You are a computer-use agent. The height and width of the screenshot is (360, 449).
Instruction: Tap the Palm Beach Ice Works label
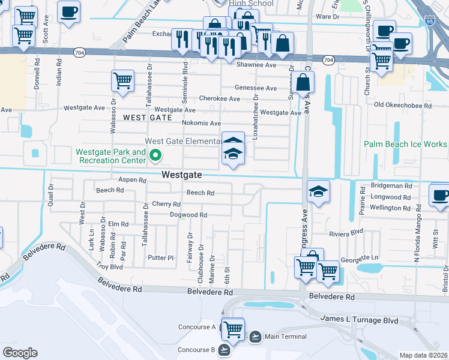[405, 145]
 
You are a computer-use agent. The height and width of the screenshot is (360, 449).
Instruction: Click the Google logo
[19, 353]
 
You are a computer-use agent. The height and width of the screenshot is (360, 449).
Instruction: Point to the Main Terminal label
[285, 337]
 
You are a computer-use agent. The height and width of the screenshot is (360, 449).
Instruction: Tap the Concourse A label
[197, 327]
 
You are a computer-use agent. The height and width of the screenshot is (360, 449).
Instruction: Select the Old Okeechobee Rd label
[402, 106]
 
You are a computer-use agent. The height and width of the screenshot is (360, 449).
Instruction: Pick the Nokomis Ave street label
[201, 123]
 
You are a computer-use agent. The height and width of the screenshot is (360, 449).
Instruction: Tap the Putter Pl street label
[161, 258]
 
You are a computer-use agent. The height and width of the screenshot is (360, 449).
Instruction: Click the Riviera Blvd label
[346, 232]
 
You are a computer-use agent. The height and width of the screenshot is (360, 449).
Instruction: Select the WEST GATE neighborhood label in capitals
[143, 118]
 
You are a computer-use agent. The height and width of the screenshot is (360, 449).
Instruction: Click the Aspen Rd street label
[132, 180]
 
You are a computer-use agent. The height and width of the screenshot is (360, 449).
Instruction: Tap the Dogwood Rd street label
[188, 215]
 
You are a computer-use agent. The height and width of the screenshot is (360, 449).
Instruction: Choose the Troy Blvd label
[109, 266]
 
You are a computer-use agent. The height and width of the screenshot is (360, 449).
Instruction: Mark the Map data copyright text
[424, 355]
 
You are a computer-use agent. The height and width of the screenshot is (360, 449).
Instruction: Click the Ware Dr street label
[328, 16]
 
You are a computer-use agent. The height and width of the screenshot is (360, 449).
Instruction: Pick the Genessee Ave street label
[256, 88]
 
